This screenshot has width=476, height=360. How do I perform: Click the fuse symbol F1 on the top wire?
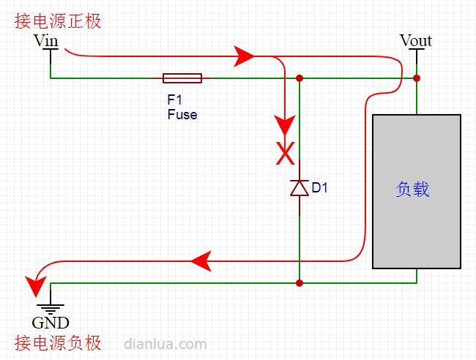[x=182, y=78]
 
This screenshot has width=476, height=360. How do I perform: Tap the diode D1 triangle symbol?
[x=300, y=188]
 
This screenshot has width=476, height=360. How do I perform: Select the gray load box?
[x=417, y=192]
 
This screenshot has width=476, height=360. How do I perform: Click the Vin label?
[x=45, y=40]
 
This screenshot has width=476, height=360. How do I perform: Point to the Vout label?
[x=415, y=40]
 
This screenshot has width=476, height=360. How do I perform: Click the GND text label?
[x=51, y=323]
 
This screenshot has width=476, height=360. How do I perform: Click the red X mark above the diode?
[x=285, y=154]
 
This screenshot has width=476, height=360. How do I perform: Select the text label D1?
[x=320, y=188]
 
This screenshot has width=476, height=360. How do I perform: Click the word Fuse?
[x=182, y=115]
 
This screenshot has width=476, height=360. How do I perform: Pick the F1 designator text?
[x=174, y=100]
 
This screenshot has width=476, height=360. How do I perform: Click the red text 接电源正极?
[x=58, y=21]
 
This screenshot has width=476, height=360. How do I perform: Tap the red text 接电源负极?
[x=58, y=343]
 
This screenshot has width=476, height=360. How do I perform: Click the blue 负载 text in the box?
[x=412, y=190]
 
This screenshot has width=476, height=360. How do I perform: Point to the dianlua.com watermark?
[x=166, y=344]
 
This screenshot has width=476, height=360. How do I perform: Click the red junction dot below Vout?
[x=417, y=78]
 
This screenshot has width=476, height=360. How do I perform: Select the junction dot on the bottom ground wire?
[x=300, y=283]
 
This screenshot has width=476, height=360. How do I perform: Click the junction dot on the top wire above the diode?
[x=300, y=78]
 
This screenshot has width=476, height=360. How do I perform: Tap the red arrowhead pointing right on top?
[x=244, y=56]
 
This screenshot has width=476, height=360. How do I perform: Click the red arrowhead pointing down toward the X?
[x=285, y=125]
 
